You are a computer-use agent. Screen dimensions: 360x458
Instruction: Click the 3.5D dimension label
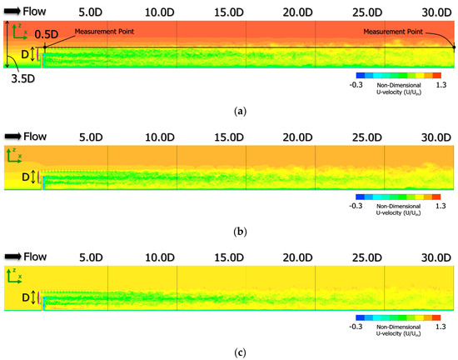(x=22, y=80)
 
